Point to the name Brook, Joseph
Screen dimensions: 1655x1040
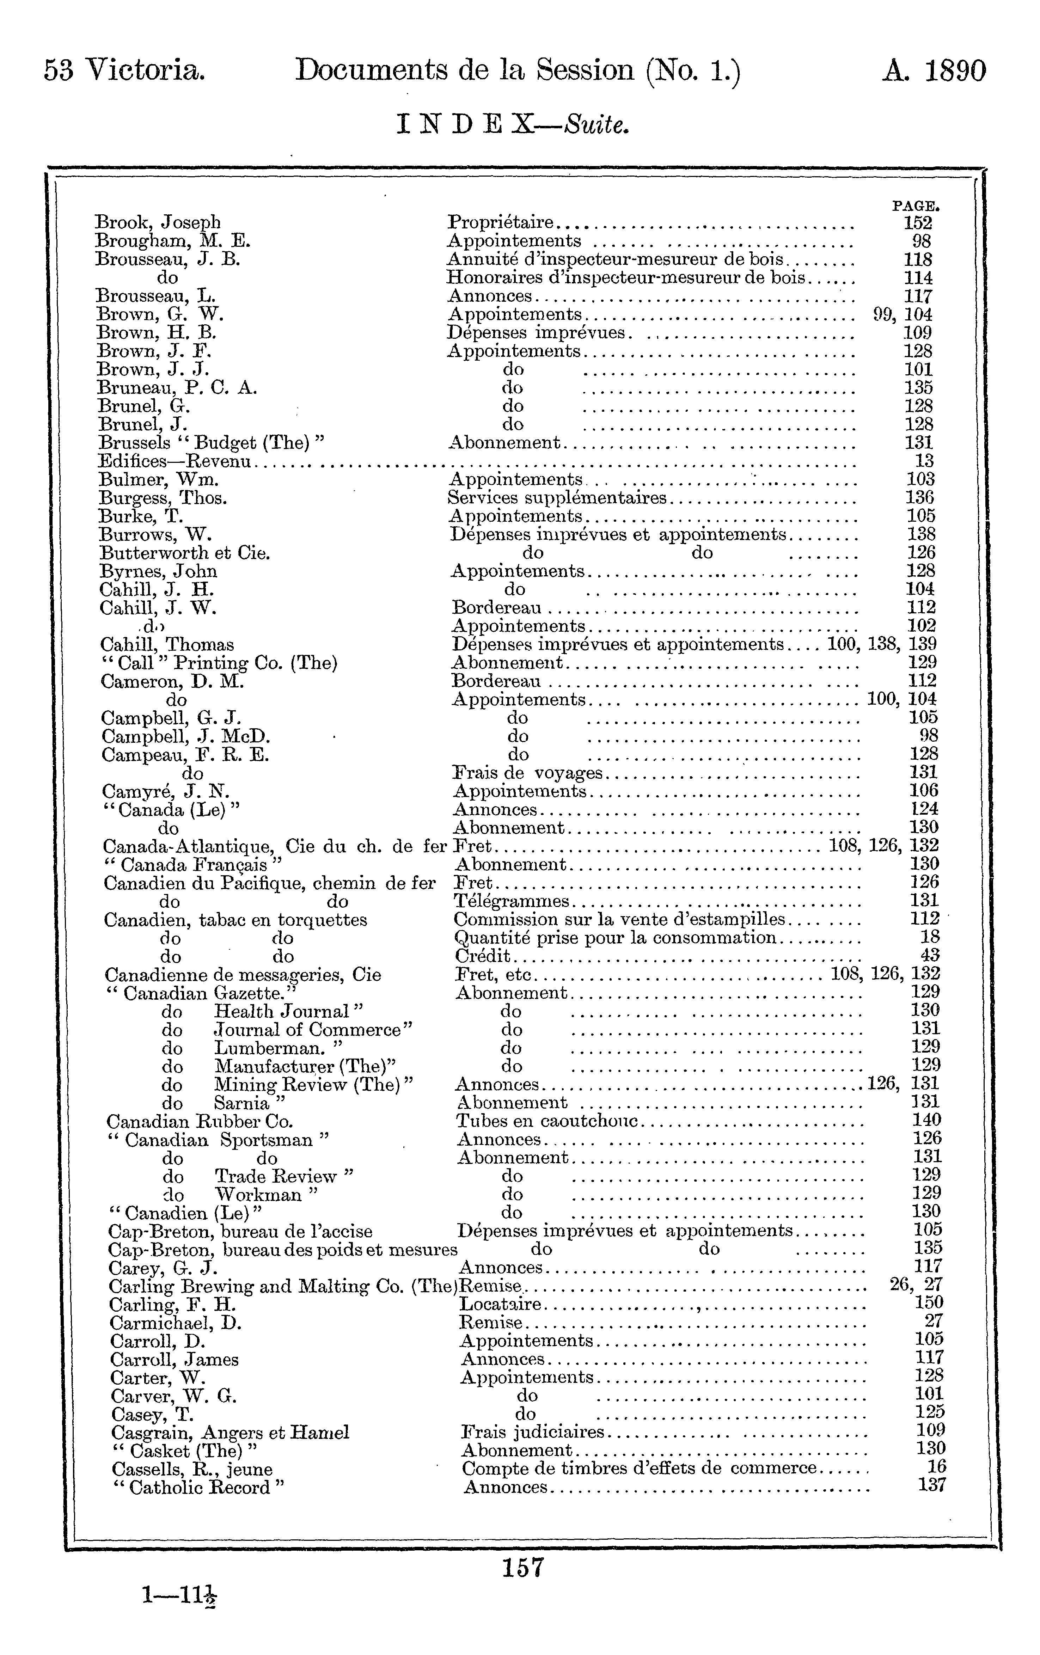158,223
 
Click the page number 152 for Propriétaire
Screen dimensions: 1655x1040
918,223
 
